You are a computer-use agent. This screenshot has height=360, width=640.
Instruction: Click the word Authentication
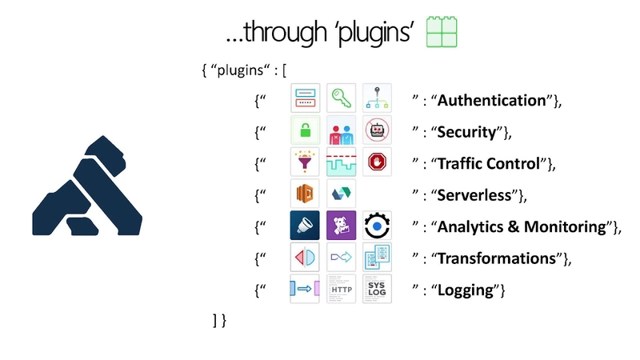click(490, 101)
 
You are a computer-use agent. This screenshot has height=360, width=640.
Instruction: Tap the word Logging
click(465, 290)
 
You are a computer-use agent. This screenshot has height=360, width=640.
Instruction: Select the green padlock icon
click(305, 130)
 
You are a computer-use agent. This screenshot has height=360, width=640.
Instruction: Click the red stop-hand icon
click(377, 162)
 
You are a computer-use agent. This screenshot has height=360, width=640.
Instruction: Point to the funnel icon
click(305, 162)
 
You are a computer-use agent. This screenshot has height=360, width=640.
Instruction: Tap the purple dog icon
click(342, 226)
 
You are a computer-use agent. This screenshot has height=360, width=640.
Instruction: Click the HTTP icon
click(342, 290)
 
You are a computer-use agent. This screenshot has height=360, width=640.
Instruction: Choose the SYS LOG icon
click(377, 289)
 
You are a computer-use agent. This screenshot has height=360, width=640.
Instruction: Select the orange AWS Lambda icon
click(305, 194)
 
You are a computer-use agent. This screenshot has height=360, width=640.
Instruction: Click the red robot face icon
click(377, 130)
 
